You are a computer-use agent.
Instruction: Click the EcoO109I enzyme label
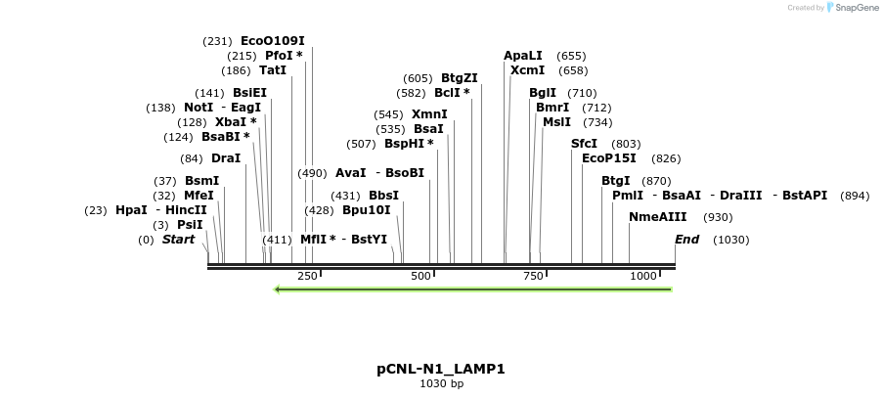tap(273, 41)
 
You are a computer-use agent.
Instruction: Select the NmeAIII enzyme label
tap(657, 217)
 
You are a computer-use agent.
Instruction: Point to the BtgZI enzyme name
tap(459, 78)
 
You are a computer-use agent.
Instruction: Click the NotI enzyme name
tap(199, 108)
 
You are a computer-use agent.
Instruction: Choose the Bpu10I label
tap(366, 209)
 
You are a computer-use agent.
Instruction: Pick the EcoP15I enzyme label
tap(608, 157)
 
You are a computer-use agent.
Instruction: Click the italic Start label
tap(178, 240)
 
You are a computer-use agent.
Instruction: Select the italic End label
tap(686, 240)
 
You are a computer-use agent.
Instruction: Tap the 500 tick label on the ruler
tap(420, 277)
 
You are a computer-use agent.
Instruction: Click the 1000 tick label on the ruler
tap(643, 277)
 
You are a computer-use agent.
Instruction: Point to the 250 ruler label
tap(307, 277)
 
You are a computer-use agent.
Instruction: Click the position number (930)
tap(718, 217)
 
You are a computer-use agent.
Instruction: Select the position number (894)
tap(855, 196)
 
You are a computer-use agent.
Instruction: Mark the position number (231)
tap(217, 41)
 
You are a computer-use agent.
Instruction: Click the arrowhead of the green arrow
tap(279, 289)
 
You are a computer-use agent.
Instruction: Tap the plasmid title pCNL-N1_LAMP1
tap(441, 369)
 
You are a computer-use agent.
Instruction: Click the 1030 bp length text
tap(441, 384)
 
